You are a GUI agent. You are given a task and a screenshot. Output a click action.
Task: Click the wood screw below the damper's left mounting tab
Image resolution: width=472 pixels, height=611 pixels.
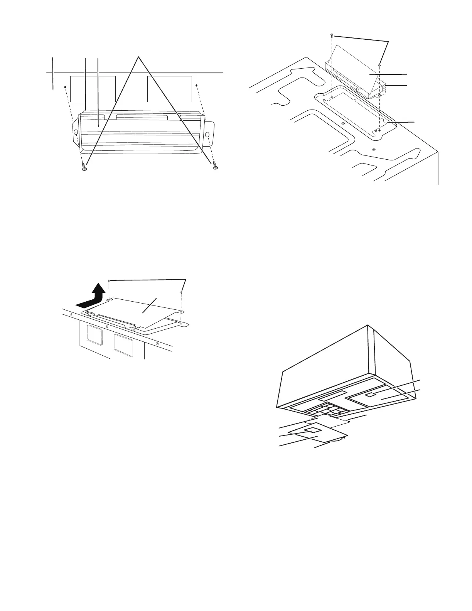tap(84, 167)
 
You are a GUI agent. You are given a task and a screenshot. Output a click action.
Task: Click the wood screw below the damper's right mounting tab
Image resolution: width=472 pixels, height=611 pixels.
tap(215, 166)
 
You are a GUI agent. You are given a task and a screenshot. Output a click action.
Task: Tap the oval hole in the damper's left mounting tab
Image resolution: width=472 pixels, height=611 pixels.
tap(76, 132)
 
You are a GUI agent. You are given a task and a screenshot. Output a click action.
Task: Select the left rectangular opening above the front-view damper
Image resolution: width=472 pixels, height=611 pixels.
tap(93, 89)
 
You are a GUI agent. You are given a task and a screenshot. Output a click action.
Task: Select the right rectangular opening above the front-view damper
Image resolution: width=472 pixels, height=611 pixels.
tap(170, 89)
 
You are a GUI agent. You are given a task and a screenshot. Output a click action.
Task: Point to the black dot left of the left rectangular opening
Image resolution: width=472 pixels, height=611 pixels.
tap(65, 87)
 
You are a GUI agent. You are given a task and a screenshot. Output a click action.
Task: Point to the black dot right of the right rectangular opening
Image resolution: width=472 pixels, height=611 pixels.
tap(197, 85)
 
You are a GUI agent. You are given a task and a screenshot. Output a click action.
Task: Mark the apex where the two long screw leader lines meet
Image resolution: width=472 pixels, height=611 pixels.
tap(139, 57)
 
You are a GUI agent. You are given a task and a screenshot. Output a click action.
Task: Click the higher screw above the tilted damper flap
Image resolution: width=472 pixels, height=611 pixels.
tap(332, 36)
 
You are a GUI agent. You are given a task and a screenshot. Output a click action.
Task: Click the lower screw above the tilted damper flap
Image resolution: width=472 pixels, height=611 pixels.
tap(380, 65)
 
